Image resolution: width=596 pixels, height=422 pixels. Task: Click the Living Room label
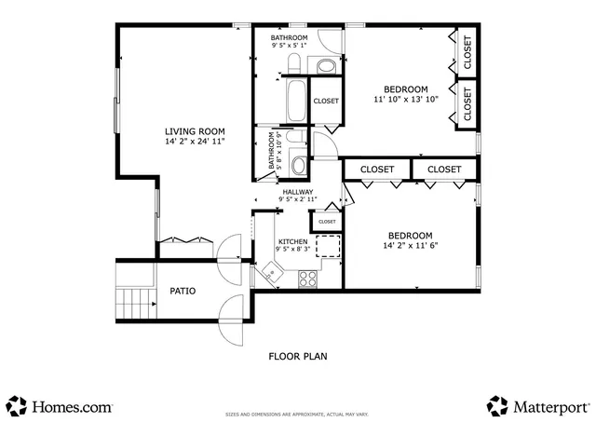(196, 131)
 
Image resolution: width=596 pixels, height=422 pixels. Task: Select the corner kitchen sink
(271, 272)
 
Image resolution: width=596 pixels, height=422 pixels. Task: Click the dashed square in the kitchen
(328, 246)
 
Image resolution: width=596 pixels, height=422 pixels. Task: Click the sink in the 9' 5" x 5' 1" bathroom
(325, 65)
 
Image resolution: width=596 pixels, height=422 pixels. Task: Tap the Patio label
(183, 291)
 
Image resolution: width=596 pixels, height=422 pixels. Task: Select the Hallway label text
(298, 192)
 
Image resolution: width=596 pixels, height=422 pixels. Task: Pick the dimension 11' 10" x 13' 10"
(406, 100)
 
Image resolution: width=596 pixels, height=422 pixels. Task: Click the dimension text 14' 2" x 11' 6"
(410, 246)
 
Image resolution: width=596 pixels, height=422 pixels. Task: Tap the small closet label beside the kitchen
(327, 222)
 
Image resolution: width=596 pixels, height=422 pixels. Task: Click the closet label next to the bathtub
(326, 101)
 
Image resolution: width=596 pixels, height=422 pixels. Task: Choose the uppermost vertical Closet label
(467, 54)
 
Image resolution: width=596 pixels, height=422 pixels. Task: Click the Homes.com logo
(61, 407)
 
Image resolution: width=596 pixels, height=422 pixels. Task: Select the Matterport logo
(538, 407)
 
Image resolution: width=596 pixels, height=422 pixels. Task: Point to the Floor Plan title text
(298, 355)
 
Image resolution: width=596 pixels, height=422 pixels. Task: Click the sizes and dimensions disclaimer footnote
(298, 414)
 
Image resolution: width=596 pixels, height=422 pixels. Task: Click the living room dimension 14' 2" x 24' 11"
(196, 142)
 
